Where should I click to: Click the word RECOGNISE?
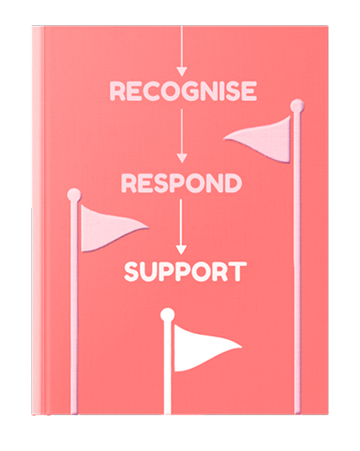184,90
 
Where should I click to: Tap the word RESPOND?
182,183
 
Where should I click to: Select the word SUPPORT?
185,272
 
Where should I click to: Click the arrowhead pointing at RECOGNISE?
182,72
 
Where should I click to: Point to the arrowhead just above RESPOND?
182,158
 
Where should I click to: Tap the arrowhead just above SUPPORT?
181,250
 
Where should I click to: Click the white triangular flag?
203,347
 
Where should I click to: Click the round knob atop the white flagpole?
167,315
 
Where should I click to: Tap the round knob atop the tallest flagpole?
297,106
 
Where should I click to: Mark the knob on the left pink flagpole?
74,195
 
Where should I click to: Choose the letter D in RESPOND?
233,183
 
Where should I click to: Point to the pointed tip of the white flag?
241,347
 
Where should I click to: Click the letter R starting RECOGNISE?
117,90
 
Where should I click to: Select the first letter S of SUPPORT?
131,272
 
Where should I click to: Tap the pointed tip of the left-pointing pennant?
224,138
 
